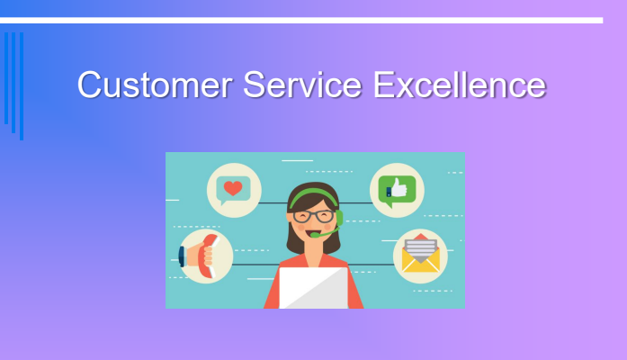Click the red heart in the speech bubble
coord(234,189)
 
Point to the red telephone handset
coord(206,256)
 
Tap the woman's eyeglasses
coord(312,216)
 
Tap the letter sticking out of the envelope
coord(419,245)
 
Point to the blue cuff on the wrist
coord(182,256)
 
